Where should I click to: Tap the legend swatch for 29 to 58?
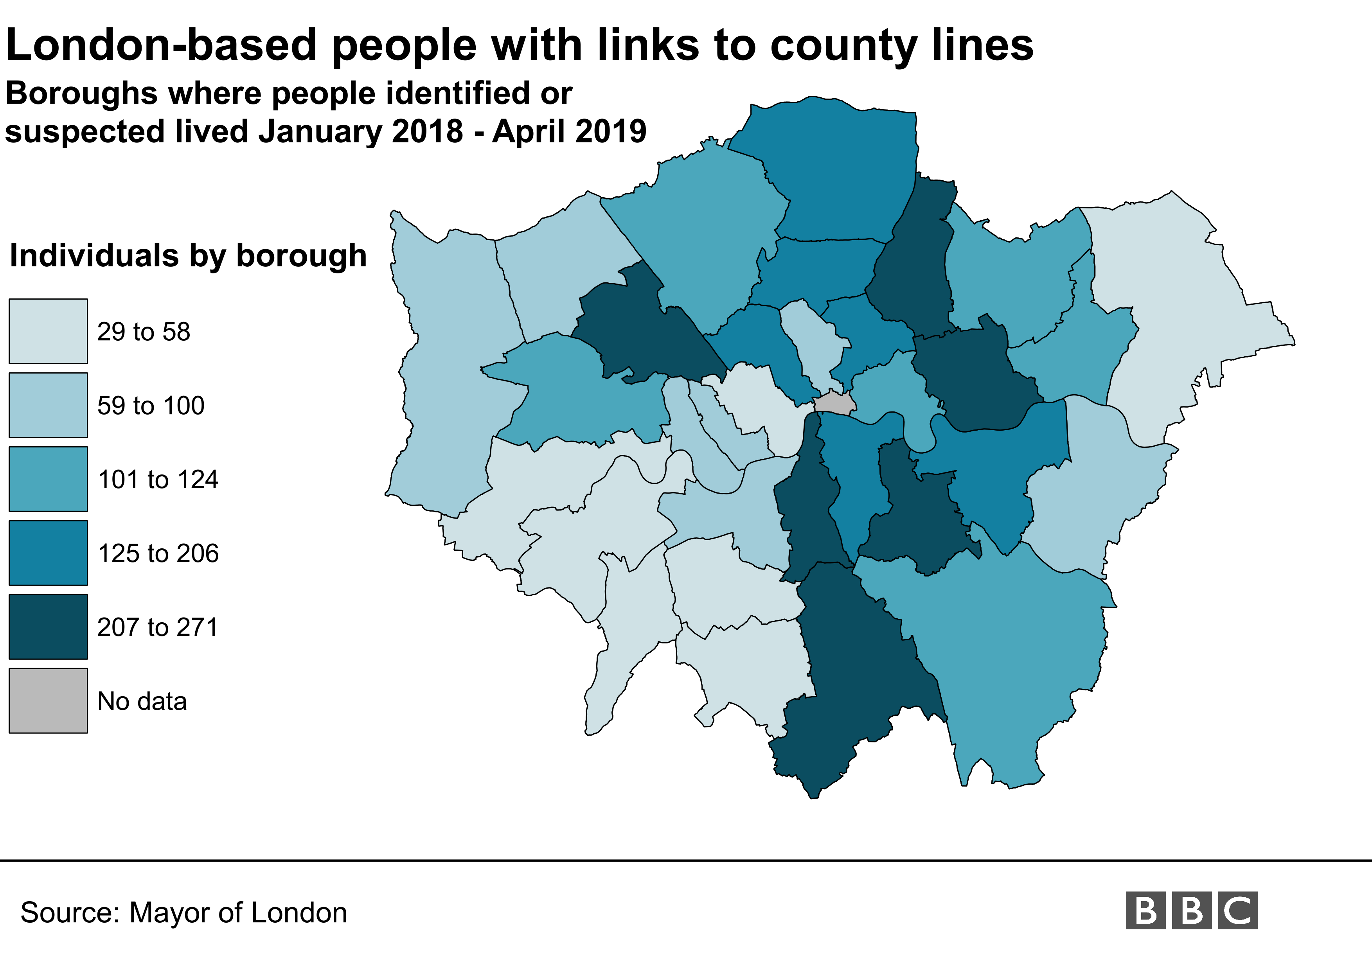[48, 332]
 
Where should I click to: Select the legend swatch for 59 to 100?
[48, 405]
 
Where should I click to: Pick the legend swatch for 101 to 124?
[48, 479]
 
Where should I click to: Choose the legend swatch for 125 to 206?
[48, 553]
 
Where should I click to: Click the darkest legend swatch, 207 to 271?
[48, 627]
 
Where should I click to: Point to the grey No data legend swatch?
[48, 701]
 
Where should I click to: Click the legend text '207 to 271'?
[158, 627]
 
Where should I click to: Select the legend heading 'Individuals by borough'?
[188, 256]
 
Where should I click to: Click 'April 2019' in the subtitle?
[569, 131]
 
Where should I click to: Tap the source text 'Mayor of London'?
[238, 913]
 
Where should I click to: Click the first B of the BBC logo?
[1145, 910]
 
